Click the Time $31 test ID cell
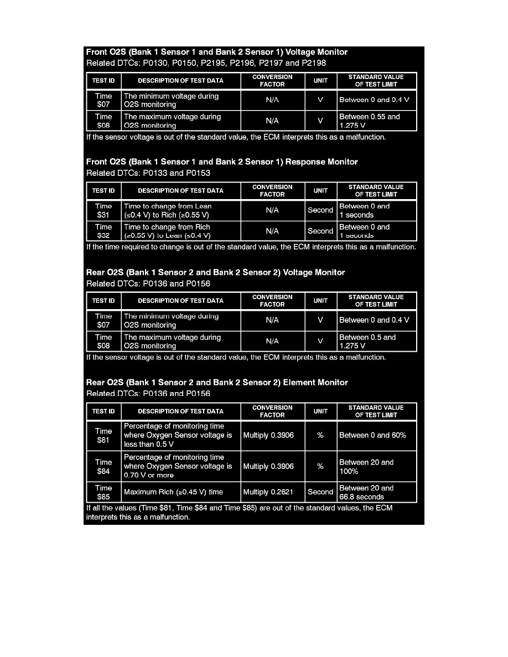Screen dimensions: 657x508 (x=103, y=211)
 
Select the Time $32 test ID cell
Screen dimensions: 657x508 (x=103, y=231)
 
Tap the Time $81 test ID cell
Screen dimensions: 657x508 (x=103, y=435)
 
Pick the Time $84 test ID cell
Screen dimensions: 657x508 (x=103, y=466)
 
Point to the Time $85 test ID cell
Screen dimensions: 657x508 (x=103, y=492)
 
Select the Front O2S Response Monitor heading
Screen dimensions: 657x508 (x=222, y=162)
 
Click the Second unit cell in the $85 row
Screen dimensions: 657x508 (x=320, y=492)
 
